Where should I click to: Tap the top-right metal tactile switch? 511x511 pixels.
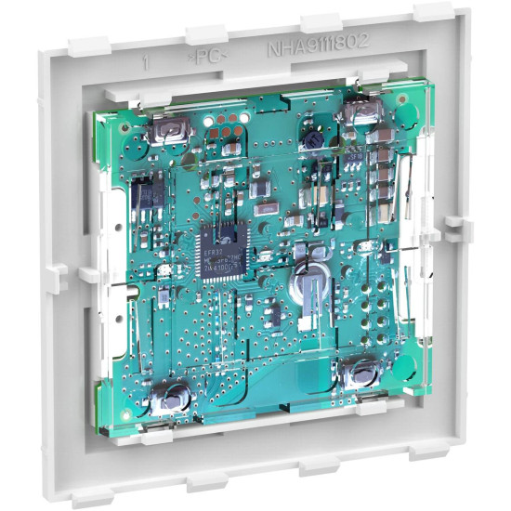point(358,113)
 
